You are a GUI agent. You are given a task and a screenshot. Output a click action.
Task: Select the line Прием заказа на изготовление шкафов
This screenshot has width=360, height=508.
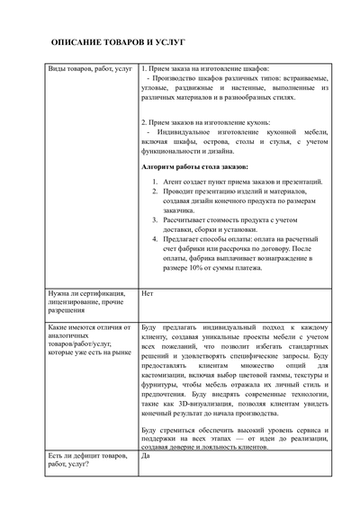(215, 69)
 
